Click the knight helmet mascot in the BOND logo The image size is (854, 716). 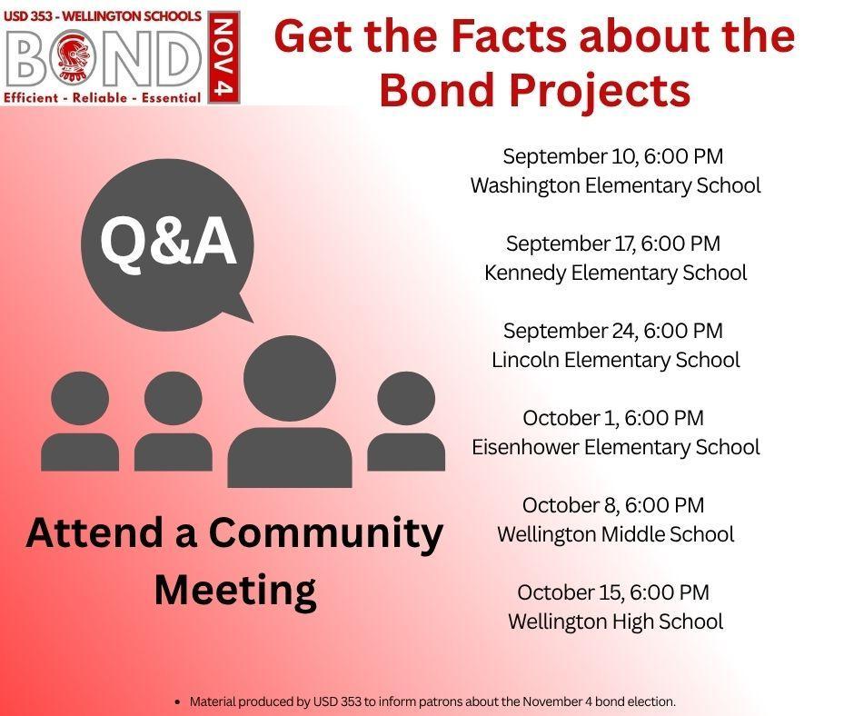(73, 59)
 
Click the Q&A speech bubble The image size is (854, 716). (168, 244)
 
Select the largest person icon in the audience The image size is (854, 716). (290, 411)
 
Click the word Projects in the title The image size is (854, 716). (601, 90)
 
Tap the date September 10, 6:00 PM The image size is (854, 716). (612, 156)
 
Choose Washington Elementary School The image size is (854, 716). (615, 185)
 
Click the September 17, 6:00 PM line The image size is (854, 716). (612, 244)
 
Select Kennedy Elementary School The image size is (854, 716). (615, 273)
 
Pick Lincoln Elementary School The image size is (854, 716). (615, 360)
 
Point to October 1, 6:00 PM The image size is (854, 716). (613, 418)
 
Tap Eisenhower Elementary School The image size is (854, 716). (615, 447)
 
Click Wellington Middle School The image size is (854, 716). (615, 534)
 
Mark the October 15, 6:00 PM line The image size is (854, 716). (613, 592)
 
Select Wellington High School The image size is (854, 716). (615, 622)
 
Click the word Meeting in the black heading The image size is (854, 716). (235, 590)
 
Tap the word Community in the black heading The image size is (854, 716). (325, 533)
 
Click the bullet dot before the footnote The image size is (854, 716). (177, 701)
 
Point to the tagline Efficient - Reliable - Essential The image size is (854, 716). (103, 98)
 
